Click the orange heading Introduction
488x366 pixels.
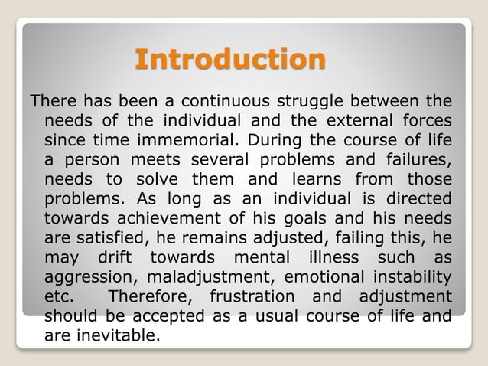pyautogui.click(x=229, y=59)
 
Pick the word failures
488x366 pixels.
pyautogui.click(x=417, y=160)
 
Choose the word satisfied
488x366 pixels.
pyautogui.click(x=115, y=238)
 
